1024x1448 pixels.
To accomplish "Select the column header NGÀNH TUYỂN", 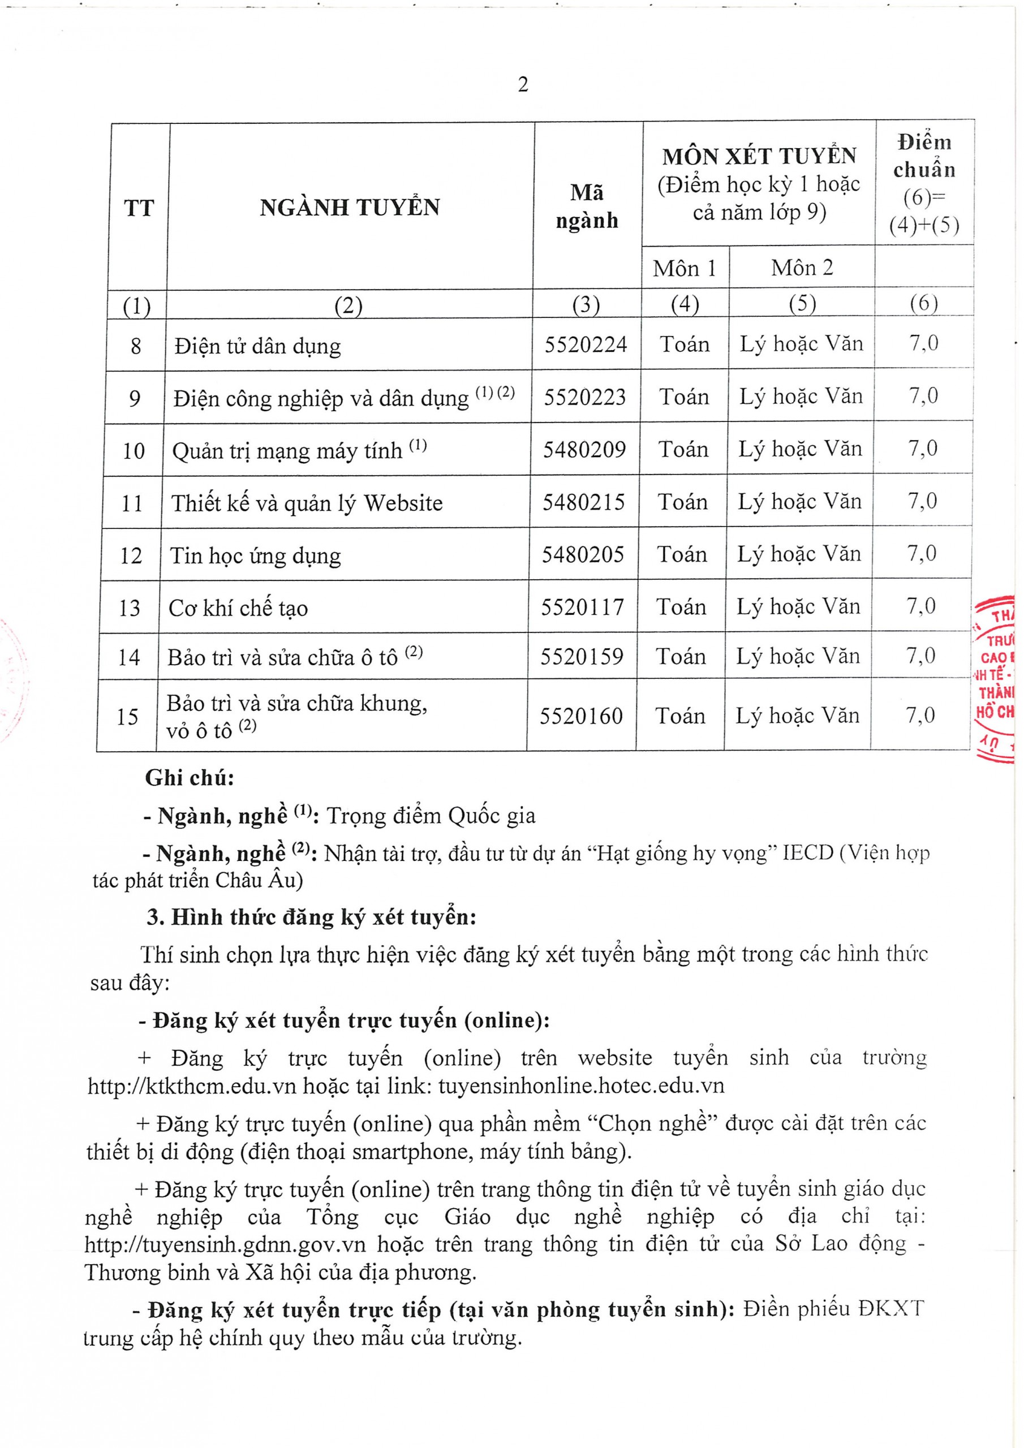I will [x=350, y=208].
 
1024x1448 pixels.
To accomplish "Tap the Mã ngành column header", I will [x=587, y=206].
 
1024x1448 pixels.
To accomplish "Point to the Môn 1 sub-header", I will [x=685, y=269].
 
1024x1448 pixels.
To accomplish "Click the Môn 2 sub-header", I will [x=802, y=268].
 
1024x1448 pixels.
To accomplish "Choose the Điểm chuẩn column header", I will [x=924, y=183].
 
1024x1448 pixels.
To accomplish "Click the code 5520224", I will [x=586, y=345].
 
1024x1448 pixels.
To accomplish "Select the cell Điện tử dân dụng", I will [x=257, y=346].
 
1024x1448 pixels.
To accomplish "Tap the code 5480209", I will [x=584, y=450].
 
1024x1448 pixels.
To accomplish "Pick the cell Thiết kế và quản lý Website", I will [x=307, y=503].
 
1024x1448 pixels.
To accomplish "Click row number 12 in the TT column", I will [x=131, y=555].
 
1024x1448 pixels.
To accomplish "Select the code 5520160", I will [x=581, y=717].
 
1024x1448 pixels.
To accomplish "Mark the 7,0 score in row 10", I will [x=922, y=449].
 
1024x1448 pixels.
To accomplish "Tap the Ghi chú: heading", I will [x=190, y=778].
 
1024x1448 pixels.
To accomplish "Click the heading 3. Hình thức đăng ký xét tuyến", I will [x=311, y=917].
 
